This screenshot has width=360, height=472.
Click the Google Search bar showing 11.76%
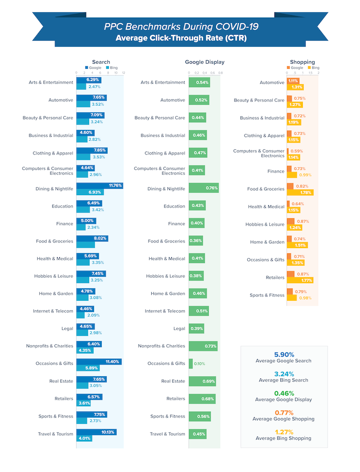tap(99, 185)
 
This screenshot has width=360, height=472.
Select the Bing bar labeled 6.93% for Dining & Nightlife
tap(90, 192)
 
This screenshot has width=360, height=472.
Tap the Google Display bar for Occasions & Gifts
tap(191, 363)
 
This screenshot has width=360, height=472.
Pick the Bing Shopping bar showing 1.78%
tap(300, 193)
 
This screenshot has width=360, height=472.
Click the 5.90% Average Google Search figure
tap(284, 354)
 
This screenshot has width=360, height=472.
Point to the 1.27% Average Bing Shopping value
tap(284, 432)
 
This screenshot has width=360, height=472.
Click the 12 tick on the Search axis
tap(123, 72)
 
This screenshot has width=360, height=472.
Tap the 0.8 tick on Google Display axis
tap(220, 72)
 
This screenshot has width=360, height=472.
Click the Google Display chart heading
tap(204, 62)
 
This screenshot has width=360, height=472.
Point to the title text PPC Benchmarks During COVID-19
tap(181, 27)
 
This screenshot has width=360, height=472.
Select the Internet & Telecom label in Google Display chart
tap(165, 311)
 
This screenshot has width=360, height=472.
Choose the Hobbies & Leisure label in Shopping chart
tap(265, 224)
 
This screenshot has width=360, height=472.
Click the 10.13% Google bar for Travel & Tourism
tap(96, 432)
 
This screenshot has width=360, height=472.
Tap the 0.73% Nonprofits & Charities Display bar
tap(203, 346)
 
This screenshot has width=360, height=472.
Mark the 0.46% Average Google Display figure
tap(284, 393)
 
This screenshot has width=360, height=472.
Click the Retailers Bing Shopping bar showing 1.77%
tap(300, 281)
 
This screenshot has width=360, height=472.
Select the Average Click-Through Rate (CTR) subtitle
tap(181, 38)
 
